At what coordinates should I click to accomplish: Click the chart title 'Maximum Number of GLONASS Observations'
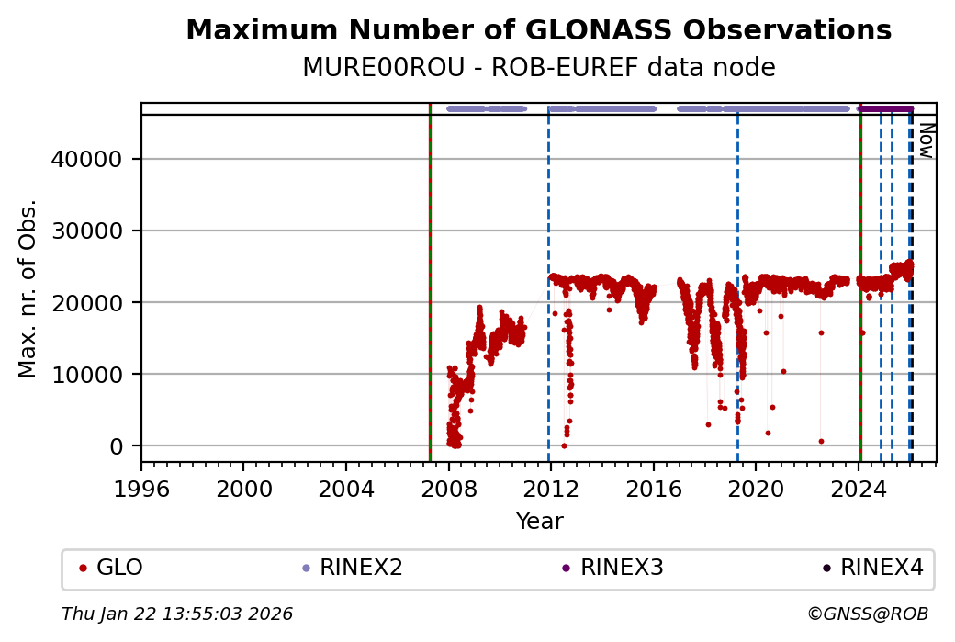coord(538,30)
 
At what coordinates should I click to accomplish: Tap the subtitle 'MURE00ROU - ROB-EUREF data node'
coord(538,68)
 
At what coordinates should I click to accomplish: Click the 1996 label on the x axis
coord(141,489)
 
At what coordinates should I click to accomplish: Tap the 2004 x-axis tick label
coord(346,489)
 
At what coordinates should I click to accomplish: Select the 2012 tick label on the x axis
coord(551,489)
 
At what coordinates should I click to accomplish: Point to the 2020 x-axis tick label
coord(756,489)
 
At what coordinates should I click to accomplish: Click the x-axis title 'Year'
coord(539,522)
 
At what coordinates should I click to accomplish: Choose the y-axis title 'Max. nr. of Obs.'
coord(28,288)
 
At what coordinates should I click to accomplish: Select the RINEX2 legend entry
coord(357,568)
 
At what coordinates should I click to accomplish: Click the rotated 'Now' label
coord(926,140)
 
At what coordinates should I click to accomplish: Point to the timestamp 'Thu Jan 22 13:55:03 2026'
coord(177,614)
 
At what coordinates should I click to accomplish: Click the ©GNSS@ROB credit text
coord(868,614)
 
